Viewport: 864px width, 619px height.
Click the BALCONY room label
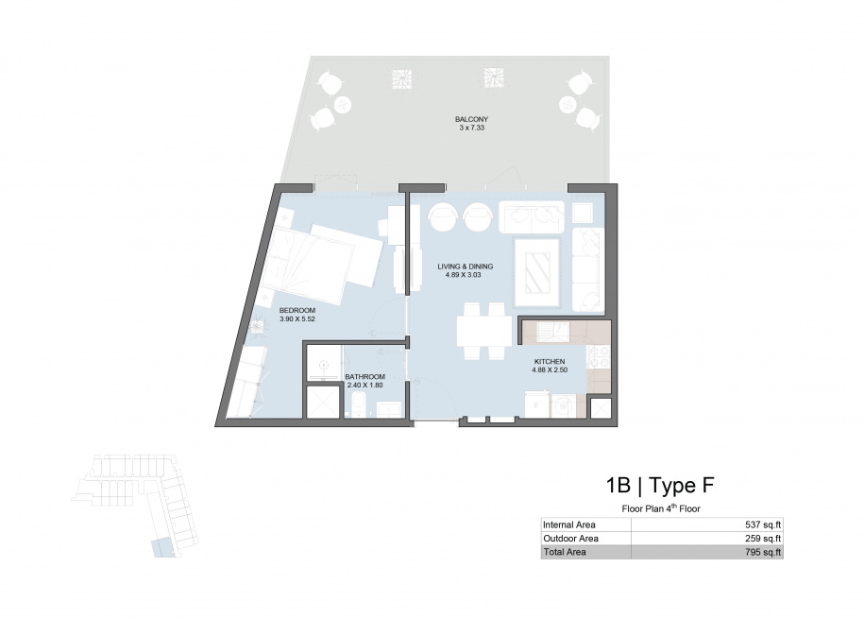[x=471, y=119]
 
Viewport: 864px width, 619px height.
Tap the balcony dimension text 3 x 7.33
[x=471, y=128]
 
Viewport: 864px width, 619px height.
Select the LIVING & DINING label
[x=466, y=267]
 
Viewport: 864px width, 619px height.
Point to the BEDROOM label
[x=297, y=311]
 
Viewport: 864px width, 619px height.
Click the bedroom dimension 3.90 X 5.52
[x=297, y=318]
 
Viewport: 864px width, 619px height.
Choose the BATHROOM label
[x=364, y=377]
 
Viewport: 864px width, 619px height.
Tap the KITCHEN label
[x=550, y=361]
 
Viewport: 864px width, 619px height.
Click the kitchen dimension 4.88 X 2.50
[x=550, y=370]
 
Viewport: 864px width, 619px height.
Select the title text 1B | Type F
[x=660, y=486]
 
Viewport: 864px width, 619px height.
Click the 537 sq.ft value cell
[x=763, y=524]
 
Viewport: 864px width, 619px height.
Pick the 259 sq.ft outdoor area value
[x=763, y=539]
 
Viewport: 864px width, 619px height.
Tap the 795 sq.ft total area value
[x=763, y=552]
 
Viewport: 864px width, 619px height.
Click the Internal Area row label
[x=569, y=524]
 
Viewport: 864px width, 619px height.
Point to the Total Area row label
[x=565, y=552]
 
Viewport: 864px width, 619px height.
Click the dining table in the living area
[x=484, y=331]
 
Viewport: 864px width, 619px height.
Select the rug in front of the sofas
[x=537, y=272]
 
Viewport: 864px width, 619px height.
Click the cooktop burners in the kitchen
[x=599, y=357]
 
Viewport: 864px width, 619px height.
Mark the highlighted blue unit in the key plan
[x=163, y=548]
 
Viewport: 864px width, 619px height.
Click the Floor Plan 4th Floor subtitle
[x=661, y=508]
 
